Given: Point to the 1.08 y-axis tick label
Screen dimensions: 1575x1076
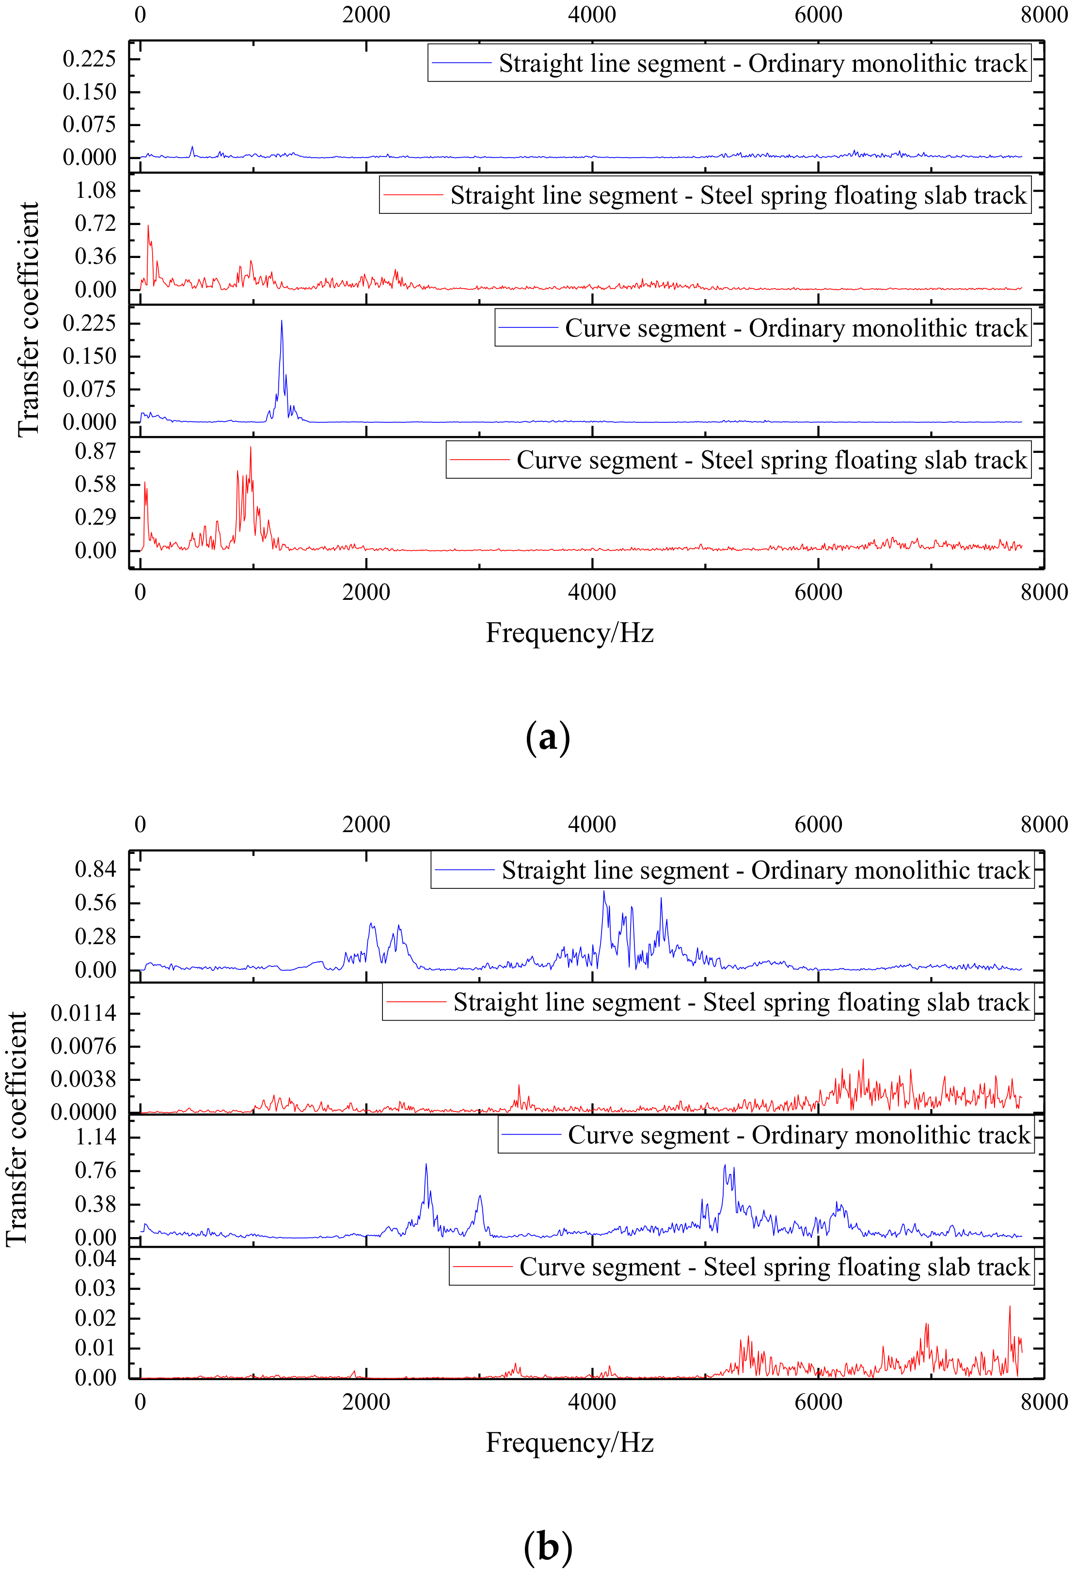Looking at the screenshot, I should (x=95, y=191).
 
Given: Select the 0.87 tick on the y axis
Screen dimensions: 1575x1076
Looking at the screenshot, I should (x=95, y=451).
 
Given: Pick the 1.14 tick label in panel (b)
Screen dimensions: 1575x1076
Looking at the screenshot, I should (x=95, y=1137).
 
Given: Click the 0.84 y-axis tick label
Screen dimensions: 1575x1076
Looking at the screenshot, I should (x=95, y=869).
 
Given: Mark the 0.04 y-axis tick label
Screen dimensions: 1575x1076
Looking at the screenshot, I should (x=95, y=1258).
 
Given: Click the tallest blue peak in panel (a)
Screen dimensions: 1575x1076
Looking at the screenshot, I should (x=282, y=321).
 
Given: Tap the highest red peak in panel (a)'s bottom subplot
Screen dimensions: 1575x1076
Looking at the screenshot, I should (x=251, y=447).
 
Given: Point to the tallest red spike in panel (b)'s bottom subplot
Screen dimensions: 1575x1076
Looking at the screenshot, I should (x=1010, y=1307).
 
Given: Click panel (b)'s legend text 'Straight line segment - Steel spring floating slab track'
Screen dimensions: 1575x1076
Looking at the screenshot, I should (x=741, y=1002).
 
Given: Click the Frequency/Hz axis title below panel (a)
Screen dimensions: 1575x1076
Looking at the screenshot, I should (x=569, y=633).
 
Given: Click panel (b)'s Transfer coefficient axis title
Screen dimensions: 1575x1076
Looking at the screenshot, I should (x=16, y=1129).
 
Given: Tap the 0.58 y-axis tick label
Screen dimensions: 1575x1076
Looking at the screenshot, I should (x=95, y=484).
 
